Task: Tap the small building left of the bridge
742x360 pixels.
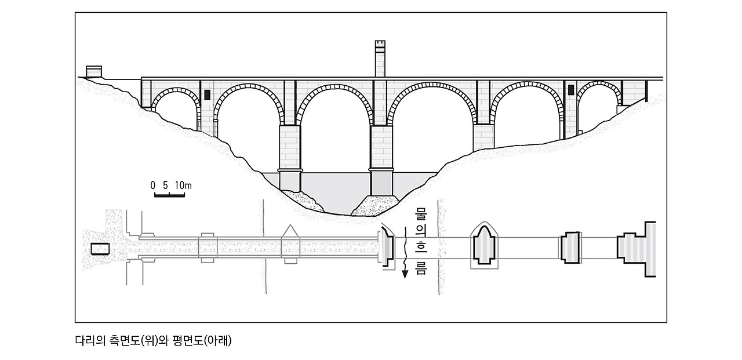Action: click(94, 71)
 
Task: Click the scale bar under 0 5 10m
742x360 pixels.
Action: click(169, 195)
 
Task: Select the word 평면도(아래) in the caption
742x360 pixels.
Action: click(205, 341)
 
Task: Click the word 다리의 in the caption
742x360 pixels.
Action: click(90, 341)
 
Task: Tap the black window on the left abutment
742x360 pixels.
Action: click(207, 94)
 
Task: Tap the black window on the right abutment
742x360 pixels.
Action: click(570, 90)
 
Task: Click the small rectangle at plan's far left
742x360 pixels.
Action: click(100, 249)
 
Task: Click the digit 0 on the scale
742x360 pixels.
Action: click(153, 186)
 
